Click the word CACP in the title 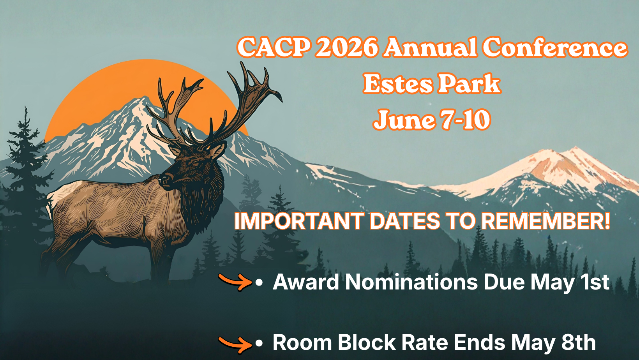pos(273,48)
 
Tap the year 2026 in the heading pos(346,48)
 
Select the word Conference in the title pos(555,48)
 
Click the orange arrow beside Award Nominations pos(236,282)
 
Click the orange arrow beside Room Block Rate pos(236,344)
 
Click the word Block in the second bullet pos(367,342)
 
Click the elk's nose pos(164,180)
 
